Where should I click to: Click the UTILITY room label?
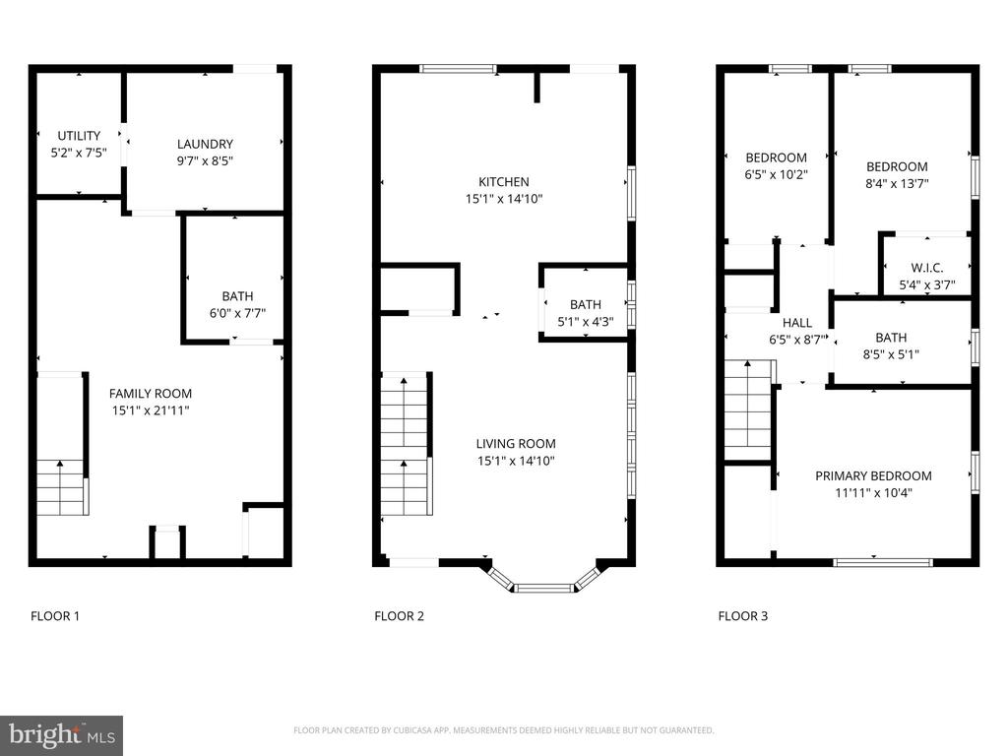point(79,136)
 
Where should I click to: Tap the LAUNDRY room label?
point(205,144)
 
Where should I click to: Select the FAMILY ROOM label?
point(151,394)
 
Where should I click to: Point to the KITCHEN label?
point(504,182)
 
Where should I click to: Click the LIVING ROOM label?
point(516,444)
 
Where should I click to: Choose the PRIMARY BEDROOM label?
point(874,475)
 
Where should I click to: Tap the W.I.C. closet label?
point(927,268)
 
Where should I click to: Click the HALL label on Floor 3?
point(797,323)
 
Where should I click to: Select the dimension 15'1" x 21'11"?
point(151,410)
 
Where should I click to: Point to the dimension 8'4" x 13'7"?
point(897,183)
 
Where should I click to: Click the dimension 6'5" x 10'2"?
point(776,174)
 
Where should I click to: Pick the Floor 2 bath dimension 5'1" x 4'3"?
point(586,322)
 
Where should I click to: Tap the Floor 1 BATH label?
point(237,296)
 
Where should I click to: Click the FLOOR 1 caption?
point(55,616)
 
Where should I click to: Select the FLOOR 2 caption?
point(400,616)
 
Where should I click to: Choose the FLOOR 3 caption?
point(743,616)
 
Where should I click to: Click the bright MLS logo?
point(62,735)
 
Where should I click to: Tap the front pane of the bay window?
point(544,588)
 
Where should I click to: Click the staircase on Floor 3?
point(748,409)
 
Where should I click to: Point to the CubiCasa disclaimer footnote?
point(503,730)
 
